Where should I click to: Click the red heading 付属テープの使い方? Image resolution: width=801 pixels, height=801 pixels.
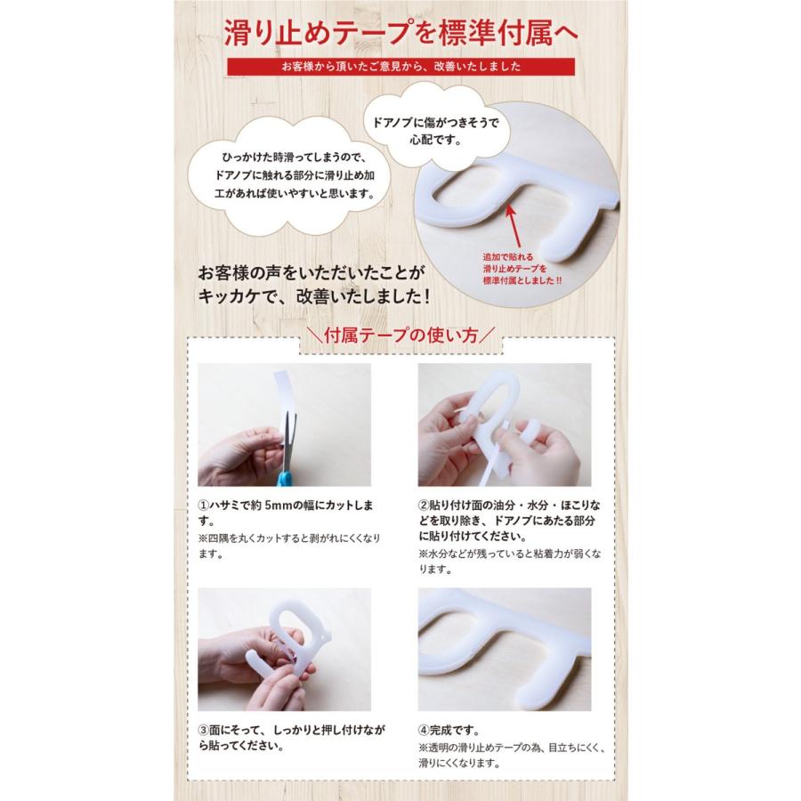(x=400, y=337)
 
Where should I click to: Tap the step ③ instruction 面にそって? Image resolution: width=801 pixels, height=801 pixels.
(x=291, y=738)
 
